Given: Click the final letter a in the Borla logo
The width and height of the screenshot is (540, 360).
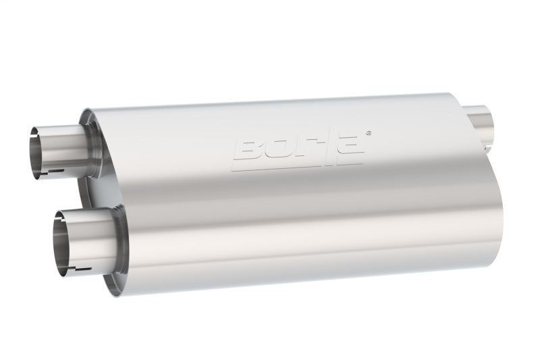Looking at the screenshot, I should coord(350,147).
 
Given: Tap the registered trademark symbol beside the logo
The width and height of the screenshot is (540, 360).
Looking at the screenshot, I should coord(367,133).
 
